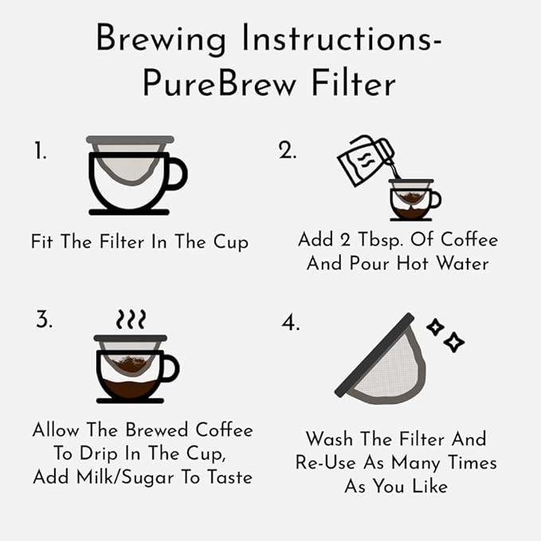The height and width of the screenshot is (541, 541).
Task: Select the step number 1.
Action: click(41, 151)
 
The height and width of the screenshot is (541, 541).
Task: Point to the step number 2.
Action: click(287, 151)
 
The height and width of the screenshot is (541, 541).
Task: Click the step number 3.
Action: click(44, 320)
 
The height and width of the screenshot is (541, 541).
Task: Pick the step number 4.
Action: click(291, 322)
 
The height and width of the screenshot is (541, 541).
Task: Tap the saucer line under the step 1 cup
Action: click(129, 212)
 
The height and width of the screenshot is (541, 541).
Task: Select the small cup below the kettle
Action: click(415, 200)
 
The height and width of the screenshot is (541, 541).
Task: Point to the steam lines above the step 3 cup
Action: click(131, 319)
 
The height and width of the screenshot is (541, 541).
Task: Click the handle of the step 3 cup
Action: click(171, 368)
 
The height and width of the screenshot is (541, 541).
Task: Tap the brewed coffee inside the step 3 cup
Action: click(130, 389)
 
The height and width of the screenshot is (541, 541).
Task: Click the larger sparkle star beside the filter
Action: click(453, 342)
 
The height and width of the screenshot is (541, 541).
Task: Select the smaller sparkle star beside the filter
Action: click(435, 327)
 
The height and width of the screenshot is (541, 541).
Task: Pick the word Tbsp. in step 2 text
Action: click(381, 241)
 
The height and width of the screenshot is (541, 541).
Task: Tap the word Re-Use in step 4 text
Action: click(326, 463)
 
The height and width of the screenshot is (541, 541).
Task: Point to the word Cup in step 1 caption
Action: click(231, 242)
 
